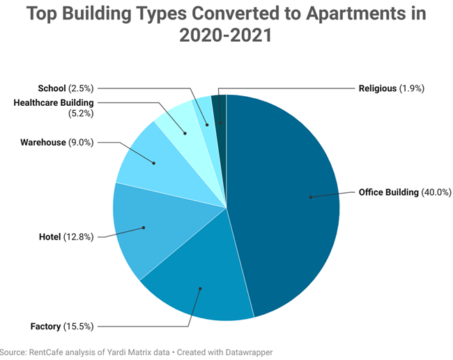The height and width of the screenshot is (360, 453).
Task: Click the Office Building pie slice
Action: [x=293, y=202]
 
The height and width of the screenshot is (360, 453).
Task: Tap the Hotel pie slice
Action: [x=143, y=226]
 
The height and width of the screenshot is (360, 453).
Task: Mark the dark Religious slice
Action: [x=220, y=111]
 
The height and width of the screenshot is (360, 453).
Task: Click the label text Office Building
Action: [x=388, y=193]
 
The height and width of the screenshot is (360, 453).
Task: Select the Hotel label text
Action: [x=49, y=237]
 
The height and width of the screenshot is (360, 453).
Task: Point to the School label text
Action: [x=52, y=88]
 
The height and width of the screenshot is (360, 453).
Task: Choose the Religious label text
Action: [x=377, y=88]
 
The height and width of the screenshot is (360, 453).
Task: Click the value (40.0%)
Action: [x=437, y=193]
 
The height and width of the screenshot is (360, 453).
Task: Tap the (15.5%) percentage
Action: [x=79, y=326]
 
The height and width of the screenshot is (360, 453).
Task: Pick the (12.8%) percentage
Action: [x=79, y=237]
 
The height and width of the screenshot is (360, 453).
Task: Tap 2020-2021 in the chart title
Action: [x=226, y=36]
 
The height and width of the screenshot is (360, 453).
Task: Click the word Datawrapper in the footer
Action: [x=248, y=352]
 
